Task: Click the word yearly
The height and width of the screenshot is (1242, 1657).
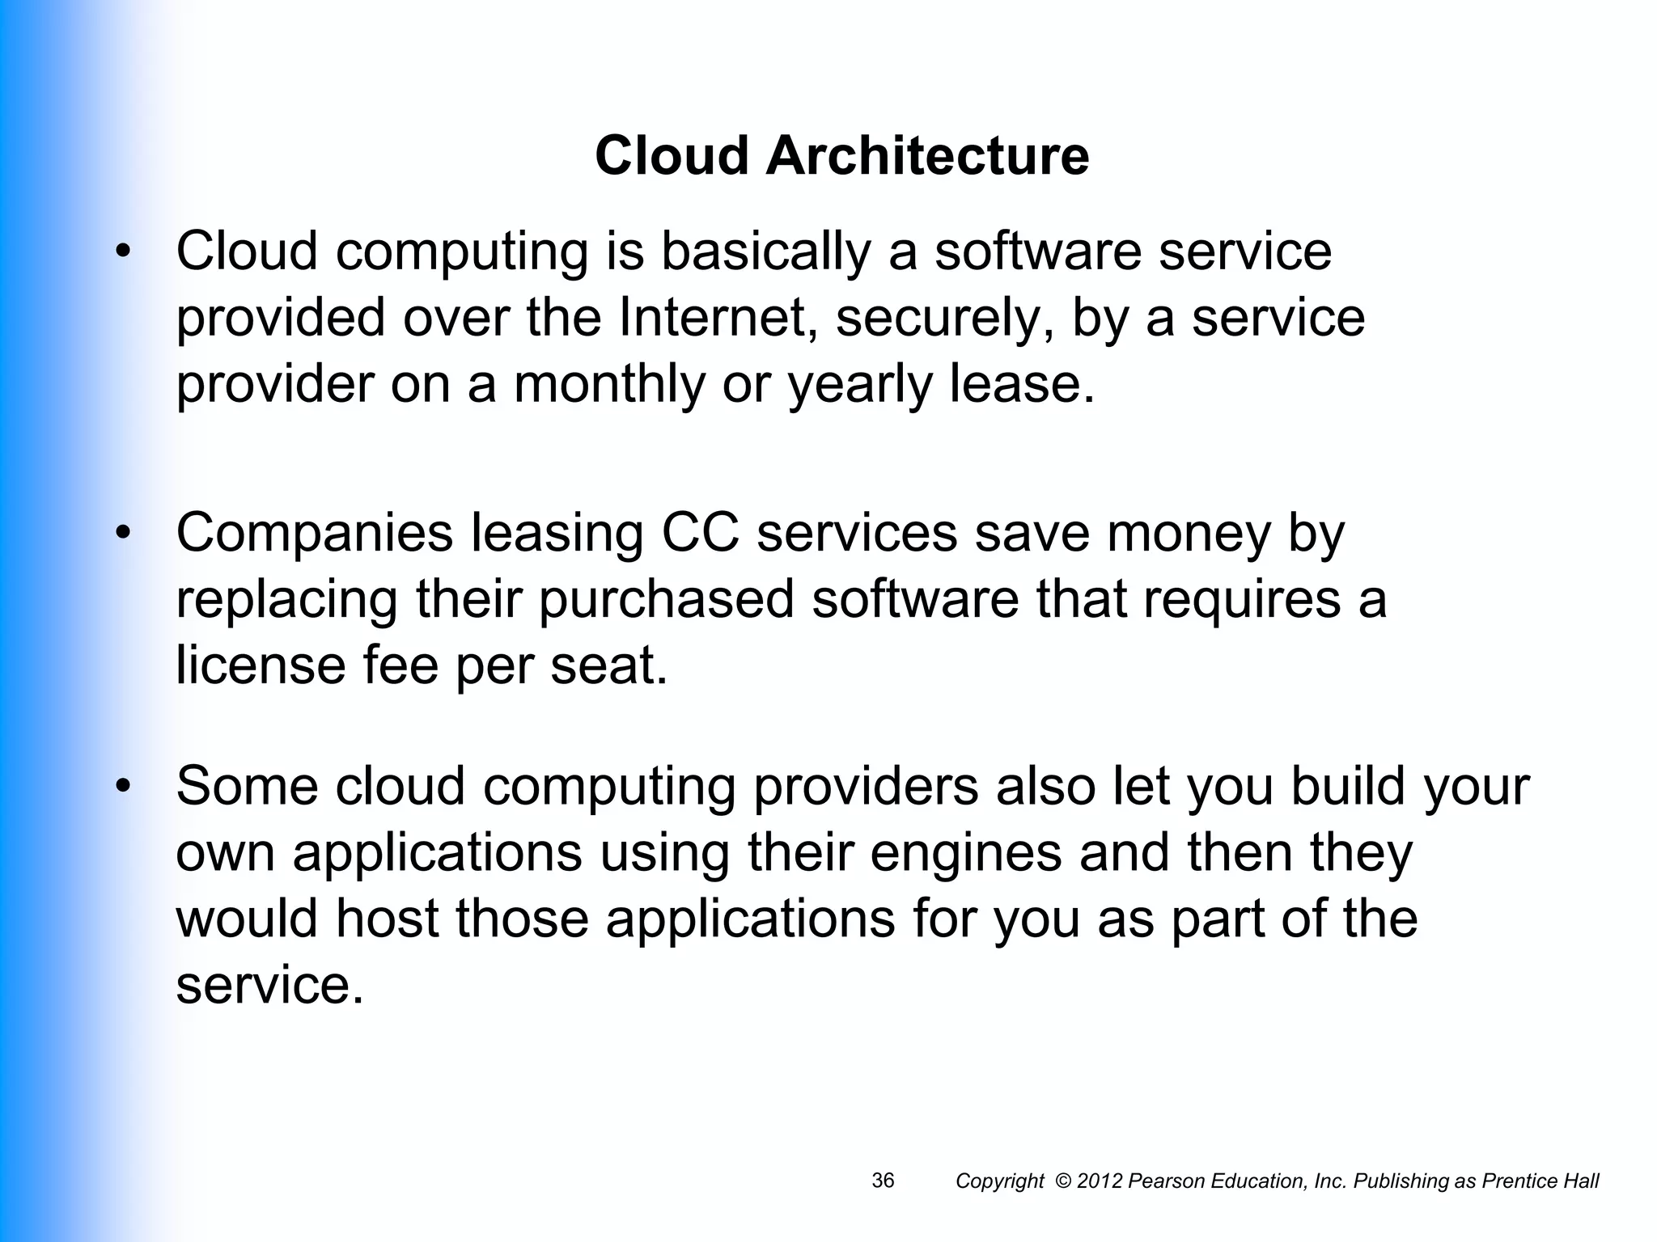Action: click(x=860, y=386)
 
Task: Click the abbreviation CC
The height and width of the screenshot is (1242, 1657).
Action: click(x=701, y=534)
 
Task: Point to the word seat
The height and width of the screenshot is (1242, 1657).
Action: click(x=608, y=666)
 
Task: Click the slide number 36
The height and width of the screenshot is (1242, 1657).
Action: click(x=883, y=1181)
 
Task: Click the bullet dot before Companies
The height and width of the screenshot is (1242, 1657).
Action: click(x=123, y=534)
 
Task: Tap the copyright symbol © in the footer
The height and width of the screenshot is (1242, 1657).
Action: click(x=1063, y=1181)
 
